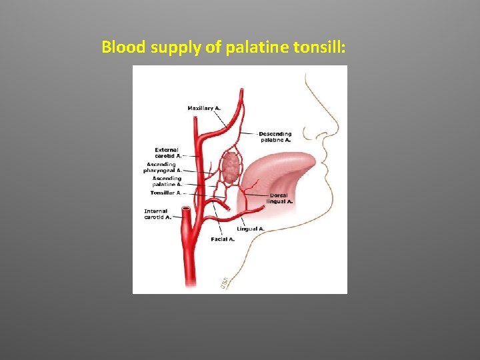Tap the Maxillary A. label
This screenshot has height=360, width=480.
click(x=204, y=107)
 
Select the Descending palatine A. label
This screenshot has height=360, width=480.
click(x=275, y=137)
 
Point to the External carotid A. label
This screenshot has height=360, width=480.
click(x=169, y=153)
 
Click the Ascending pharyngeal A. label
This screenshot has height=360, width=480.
click(x=163, y=167)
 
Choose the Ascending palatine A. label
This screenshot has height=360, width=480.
click(x=167, y=181)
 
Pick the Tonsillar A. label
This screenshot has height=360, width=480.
click(x=166, y=193)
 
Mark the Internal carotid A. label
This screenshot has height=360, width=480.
click(x=158, y=214)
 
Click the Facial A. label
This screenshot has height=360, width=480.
click(x=223, y=239)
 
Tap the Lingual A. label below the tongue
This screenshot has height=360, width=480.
click(x=251, y=229)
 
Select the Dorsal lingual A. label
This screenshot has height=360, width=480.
click(x=279, y=198)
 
